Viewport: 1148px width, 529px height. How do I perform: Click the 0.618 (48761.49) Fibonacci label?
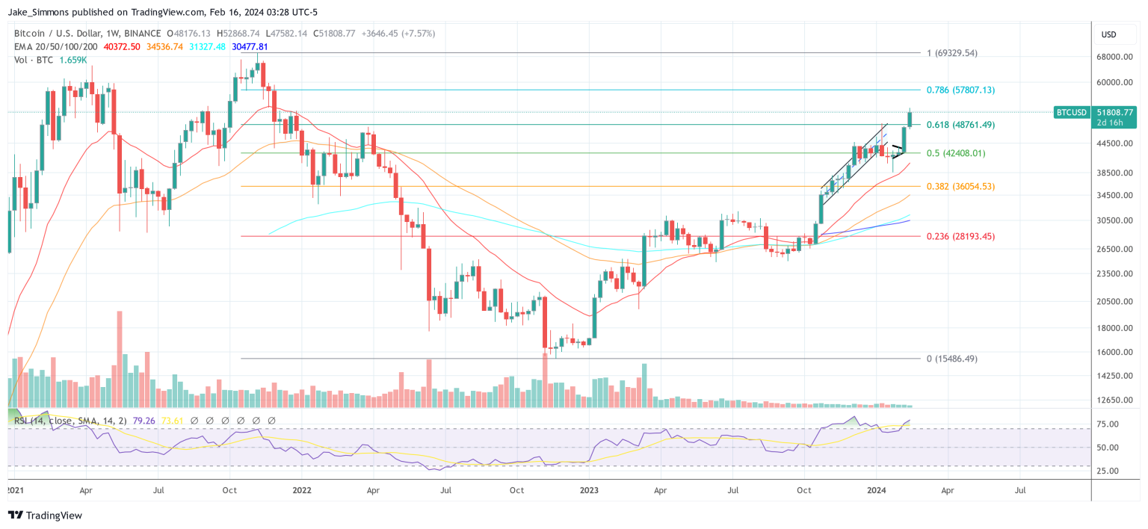coord(960,125)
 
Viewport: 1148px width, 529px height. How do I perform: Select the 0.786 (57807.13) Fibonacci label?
coord(960,90)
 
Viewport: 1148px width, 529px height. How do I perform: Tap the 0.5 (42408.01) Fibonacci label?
coord(955,153)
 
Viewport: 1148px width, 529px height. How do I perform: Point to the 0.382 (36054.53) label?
coord(960,186)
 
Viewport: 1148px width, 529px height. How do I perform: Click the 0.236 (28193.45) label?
coord(960,236)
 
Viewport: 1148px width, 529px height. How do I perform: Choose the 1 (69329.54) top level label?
coord(951,53)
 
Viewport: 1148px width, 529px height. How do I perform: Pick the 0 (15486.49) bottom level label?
coord(951,359)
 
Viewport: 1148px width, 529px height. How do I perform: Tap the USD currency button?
coord(1108,34)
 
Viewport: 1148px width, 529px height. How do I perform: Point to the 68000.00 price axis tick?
coord(1117,57)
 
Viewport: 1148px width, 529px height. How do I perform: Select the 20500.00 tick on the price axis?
coord(1117,301)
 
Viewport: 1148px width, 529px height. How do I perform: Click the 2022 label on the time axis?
coord(302,491)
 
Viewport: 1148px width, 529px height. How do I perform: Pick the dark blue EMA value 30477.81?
coord(250,46)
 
